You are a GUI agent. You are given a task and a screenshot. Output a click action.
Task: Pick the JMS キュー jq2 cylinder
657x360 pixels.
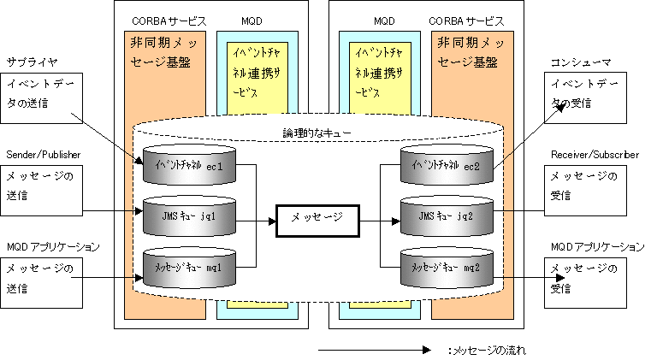[447, 218]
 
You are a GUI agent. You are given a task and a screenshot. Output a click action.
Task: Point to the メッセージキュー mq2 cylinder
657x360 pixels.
[447, 267]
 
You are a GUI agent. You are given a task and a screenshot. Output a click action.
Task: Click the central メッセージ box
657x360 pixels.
[317, 218]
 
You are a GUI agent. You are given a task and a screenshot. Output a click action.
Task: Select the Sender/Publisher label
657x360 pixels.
[44, 154]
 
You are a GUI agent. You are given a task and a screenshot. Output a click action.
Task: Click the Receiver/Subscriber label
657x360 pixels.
[595, 154]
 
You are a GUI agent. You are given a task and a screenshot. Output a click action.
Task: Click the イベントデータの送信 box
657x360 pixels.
[42, 94]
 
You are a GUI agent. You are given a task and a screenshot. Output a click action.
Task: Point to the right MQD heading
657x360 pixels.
[385, 19]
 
